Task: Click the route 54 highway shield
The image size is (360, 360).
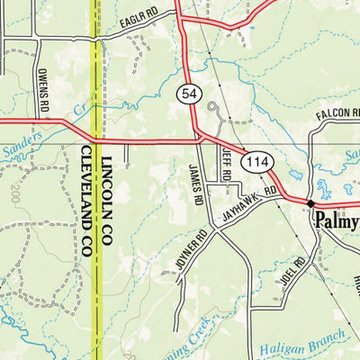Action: pos(188,94)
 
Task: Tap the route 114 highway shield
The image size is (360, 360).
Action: pos(257,160)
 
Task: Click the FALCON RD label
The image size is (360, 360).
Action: pos(337,116)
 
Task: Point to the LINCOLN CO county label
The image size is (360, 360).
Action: pos(107,207)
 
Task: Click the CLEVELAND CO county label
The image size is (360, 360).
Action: pos(88,202)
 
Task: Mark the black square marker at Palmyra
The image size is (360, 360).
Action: pos(310,203)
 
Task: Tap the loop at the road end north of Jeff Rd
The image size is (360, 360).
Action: pos(213,111)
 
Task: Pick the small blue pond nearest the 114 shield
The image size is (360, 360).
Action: pos(293,175)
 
